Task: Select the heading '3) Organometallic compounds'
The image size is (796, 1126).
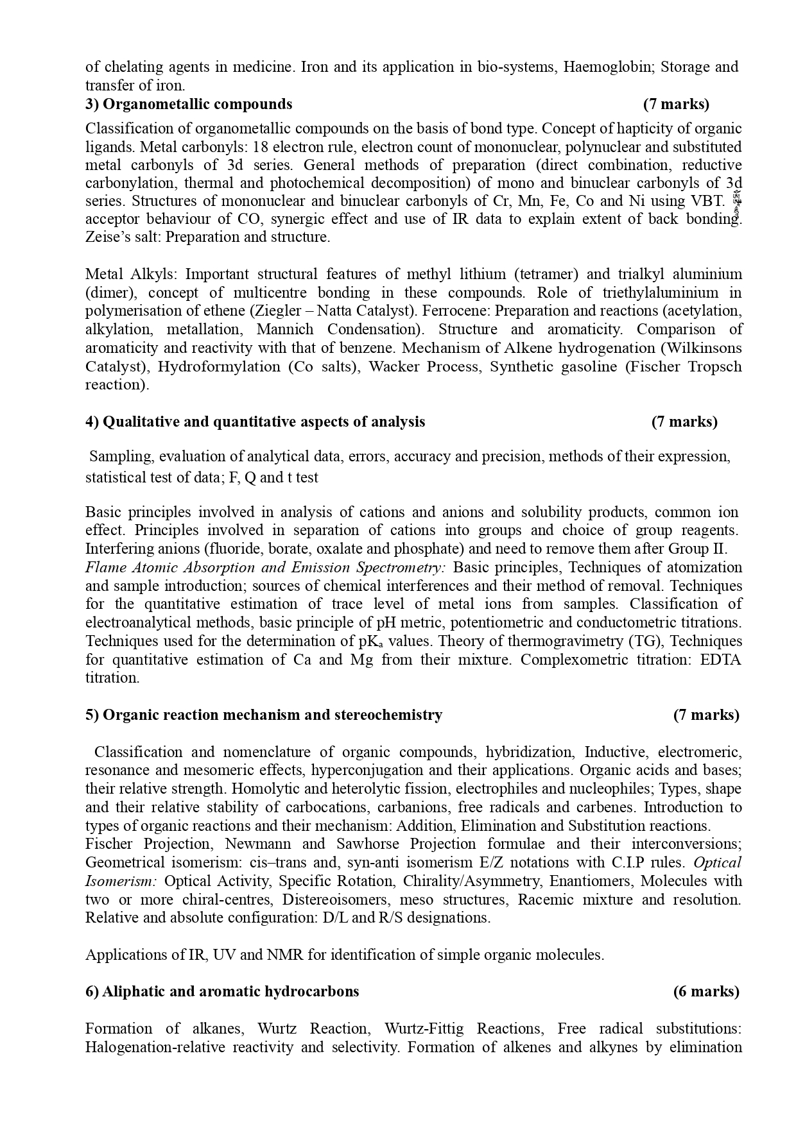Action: point(189,104)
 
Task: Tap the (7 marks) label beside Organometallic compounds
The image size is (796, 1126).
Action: point(676,104)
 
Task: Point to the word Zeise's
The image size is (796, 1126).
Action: point(105,237)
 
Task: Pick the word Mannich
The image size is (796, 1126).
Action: point(285,329)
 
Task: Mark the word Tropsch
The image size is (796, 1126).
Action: point(714,366)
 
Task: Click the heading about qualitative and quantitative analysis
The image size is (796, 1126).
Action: point(255,422)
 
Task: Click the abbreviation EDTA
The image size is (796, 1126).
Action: point(721,660)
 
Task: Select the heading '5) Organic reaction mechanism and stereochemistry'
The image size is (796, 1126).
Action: point(263,715)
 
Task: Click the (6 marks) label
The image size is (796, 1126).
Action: point(706,991)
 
